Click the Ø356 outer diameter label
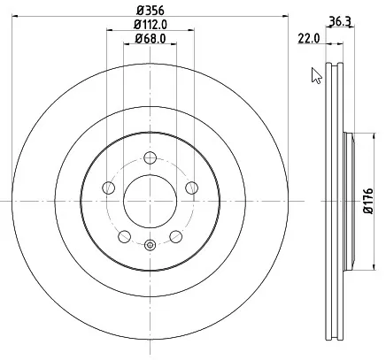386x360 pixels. (x=150, y=10)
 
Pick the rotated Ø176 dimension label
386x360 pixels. (x=373, y=202)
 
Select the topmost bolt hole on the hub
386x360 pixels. (x=150, y=157)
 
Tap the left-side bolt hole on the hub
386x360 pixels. (x=109, y=188)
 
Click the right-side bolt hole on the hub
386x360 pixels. (x=191, y=187)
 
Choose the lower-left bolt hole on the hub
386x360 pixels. (x=125, y=234)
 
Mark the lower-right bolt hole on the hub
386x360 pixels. (x=175, y=234)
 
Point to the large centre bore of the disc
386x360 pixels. (x=150, y=201)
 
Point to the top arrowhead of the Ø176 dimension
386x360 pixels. (x=359, y=135)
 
